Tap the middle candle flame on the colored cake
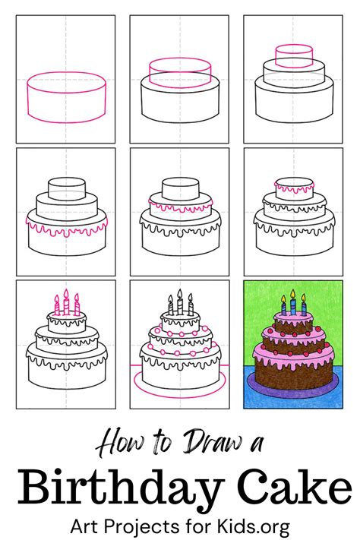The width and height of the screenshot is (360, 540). click(292, 298)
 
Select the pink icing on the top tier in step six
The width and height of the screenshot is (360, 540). click(292, 186)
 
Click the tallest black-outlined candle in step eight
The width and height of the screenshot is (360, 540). click(179, 303)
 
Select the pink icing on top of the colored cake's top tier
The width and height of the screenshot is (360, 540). click(292, 320)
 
